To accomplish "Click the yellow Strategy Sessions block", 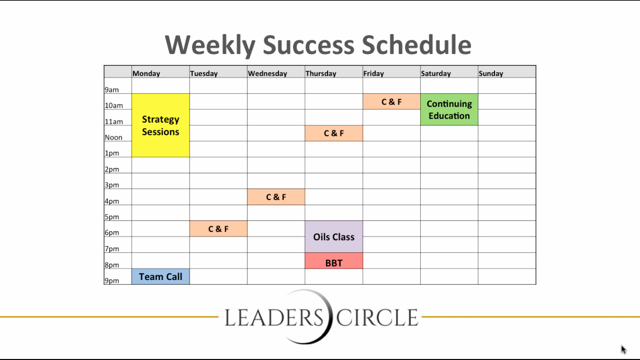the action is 161,125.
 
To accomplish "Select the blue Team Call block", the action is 161,277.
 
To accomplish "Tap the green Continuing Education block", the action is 449,110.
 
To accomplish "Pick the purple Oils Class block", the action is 334,237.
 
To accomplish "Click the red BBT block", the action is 334,261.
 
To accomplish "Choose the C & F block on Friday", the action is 392,102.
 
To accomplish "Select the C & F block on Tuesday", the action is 218,229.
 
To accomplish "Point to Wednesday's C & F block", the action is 276,197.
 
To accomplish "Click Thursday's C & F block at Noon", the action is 334,133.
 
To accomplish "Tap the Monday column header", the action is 146,73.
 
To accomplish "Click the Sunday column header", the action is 491,73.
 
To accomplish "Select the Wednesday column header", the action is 267,73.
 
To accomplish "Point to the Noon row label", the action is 114,137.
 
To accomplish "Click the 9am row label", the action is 112,90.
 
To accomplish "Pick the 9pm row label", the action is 112,281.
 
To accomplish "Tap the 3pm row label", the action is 112,185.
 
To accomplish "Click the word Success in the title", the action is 309,45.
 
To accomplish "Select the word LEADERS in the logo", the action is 274,317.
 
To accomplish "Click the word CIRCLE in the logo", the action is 377,317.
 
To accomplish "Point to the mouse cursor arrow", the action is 624,349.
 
